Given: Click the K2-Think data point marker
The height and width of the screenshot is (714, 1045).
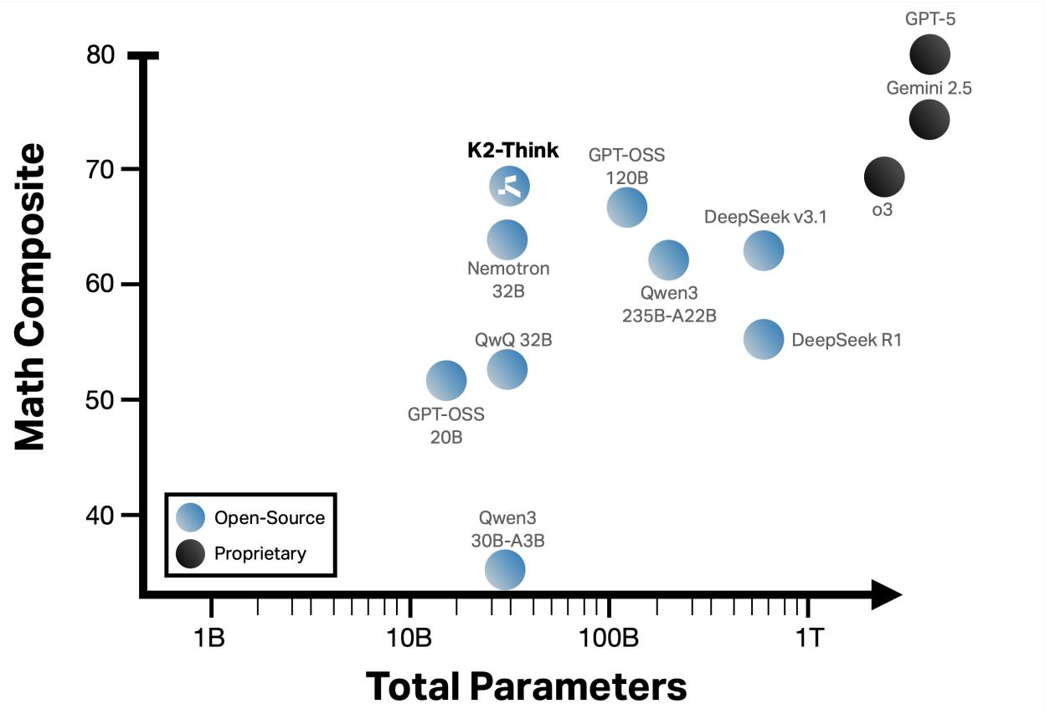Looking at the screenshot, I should [509, 186].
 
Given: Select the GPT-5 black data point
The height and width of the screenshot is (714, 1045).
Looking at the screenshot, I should [929, 55].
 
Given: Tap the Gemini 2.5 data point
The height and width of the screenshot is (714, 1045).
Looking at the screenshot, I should [929, 120].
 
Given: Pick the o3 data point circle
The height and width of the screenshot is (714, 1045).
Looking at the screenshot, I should [884, 177].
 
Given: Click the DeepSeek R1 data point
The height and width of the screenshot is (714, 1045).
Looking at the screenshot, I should [764, 339].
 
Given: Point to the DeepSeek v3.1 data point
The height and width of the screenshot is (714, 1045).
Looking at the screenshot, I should [764, 249].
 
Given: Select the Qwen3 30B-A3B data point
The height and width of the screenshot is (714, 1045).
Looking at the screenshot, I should [505, 571].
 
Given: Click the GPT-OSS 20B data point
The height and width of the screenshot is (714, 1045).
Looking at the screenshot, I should [446, 381].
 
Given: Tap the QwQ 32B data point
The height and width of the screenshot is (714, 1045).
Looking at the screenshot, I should [507, 369].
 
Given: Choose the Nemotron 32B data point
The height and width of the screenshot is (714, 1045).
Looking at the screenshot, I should [507, 239].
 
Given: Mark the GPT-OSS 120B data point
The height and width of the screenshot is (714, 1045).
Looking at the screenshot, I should [626, 207].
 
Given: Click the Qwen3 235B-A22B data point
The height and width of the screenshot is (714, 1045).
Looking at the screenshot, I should [668, 260].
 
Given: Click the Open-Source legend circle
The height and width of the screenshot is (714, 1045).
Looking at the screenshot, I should [189, 518].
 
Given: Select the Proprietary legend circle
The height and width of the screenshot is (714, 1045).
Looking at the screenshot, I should [189, 553].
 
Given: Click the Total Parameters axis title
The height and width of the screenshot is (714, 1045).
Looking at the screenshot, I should [526, 686].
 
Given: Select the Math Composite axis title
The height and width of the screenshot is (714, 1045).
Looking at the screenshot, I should [30, 297].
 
